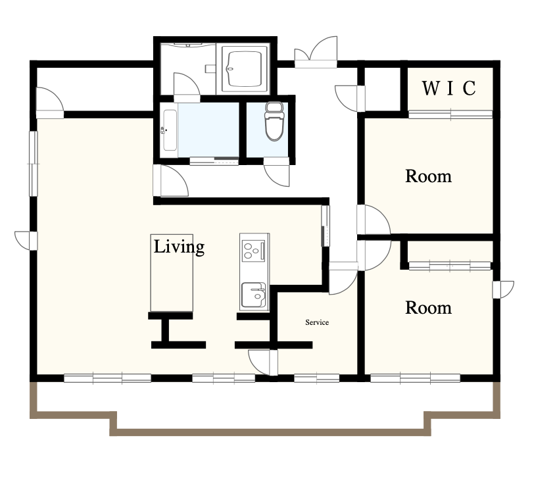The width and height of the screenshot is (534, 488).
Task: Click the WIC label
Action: pyautogui.click(x=449, y=88)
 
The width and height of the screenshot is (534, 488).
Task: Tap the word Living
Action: pyautogui.click(x=179, y=247)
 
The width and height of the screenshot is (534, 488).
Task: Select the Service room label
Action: pyautogui.click(x=317, y=322)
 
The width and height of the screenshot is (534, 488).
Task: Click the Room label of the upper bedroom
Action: pyautogui.click(x=428, y=176)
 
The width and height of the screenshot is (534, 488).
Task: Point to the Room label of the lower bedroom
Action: pyautogui.click(x=428, y=308)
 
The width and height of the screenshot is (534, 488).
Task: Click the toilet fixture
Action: pyautogui.click(x=274, y=121)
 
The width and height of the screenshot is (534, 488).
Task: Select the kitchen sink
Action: pyautogui.click(x=254, y=295)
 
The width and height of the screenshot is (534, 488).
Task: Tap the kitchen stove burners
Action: pyautogui.click(x=253, y=251)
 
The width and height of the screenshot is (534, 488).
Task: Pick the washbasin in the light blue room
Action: pyautogui.click(x=169, y=130)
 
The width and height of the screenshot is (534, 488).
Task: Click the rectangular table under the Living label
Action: pyautogui.click(x=172, y=273)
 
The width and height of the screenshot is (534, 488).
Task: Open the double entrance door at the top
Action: pyautogui.click(x=316, y=52)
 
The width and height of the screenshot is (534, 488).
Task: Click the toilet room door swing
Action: pyautogui.click(x=276, y=172)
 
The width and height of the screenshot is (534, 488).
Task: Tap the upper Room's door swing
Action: pyautogui.click(x=374, y=220)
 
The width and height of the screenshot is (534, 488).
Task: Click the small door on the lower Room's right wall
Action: pyautogui.click(x=503, y=289)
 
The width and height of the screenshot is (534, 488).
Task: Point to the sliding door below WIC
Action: pyautogui.click(x=450, y=114)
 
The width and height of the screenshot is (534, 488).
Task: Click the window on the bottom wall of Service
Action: pyautogui.click(x=317, y=378)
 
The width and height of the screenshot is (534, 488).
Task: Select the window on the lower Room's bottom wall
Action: pyautogui.click(x=416, y=378)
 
